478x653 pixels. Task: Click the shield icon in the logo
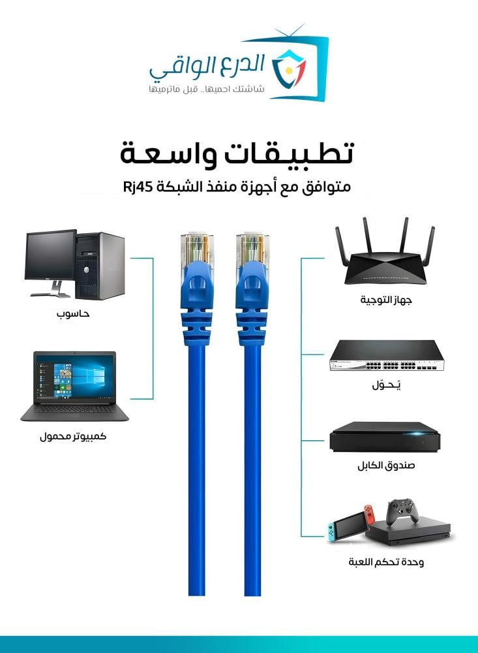click(289, 69)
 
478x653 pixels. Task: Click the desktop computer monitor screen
click(50, 255)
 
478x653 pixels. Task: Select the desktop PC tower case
click(100, 266)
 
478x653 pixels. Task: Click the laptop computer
click(74, 387)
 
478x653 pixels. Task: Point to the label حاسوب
click(73, 313)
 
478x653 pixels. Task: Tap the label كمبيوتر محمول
click(73, 436)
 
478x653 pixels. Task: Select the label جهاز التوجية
click(385, 300)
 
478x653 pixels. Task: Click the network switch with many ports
click(387, 356)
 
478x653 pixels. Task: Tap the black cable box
click(385, 437)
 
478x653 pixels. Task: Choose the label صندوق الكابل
click(386, 465)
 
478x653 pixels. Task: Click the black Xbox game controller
click(402, 512)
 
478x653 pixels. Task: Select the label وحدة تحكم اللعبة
click(386, 562)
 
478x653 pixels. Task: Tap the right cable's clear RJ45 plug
click(252, 248)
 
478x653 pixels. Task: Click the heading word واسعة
click(168, 154)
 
